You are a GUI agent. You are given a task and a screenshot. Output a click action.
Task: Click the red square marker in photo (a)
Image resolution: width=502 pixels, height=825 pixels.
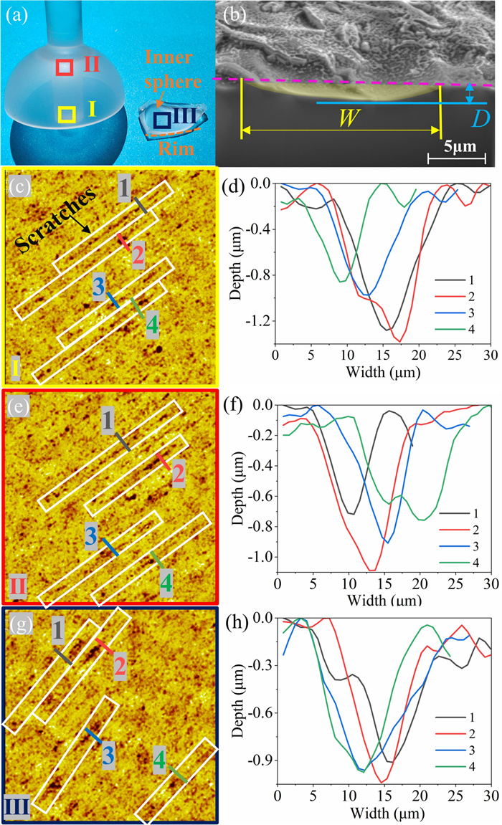[x=65, y=67]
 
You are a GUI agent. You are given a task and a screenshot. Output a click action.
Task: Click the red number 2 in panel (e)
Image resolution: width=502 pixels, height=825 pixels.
[x=179, y=474]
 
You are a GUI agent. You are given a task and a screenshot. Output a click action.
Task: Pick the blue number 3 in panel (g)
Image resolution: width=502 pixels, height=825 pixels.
[x=108, y=754]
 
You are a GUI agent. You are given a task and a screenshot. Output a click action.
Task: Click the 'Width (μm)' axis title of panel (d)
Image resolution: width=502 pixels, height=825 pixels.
[x=384, y=373]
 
